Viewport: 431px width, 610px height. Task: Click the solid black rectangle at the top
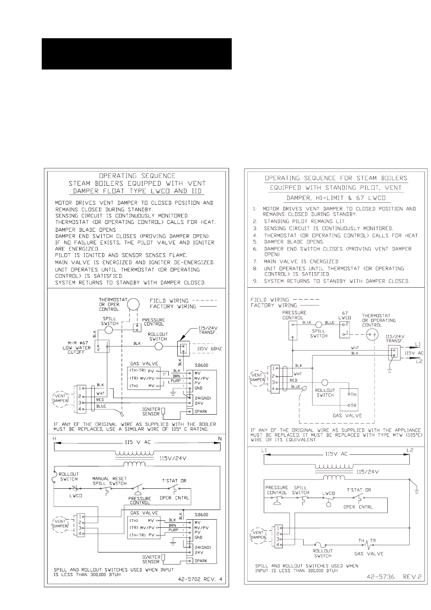tap(136, 54)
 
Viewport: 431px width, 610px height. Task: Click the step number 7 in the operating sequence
tap(255, 261)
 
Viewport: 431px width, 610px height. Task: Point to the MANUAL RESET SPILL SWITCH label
tap(109, 481)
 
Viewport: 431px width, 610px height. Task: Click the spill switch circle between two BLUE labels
tap(319, 325)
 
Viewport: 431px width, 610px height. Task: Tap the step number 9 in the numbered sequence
tap(255, 281)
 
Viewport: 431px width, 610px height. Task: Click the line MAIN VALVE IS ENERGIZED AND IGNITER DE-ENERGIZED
tap(135, 263)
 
